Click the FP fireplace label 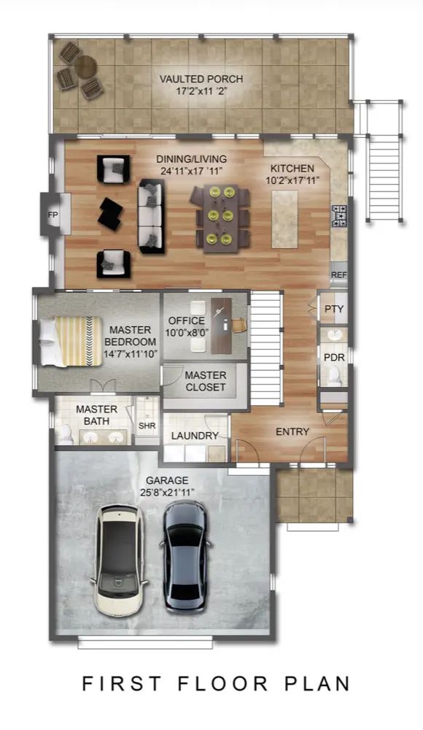[53, 215]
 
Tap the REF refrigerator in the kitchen [339, 274]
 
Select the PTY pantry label [334, 309]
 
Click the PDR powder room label [334, 358]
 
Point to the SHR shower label [147, 426]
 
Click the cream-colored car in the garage [119, 560]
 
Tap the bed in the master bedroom [71, 341]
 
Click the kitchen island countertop [284, 219]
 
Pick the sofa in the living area [152, 216]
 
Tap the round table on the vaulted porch [85, 67]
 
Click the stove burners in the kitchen [339, 216]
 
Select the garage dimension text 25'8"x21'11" [168, 492]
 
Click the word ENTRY [292, 431]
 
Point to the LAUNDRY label [195, 436]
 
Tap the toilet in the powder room [334, 376]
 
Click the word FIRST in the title [122, 683]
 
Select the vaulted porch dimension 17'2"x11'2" [201, 91]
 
